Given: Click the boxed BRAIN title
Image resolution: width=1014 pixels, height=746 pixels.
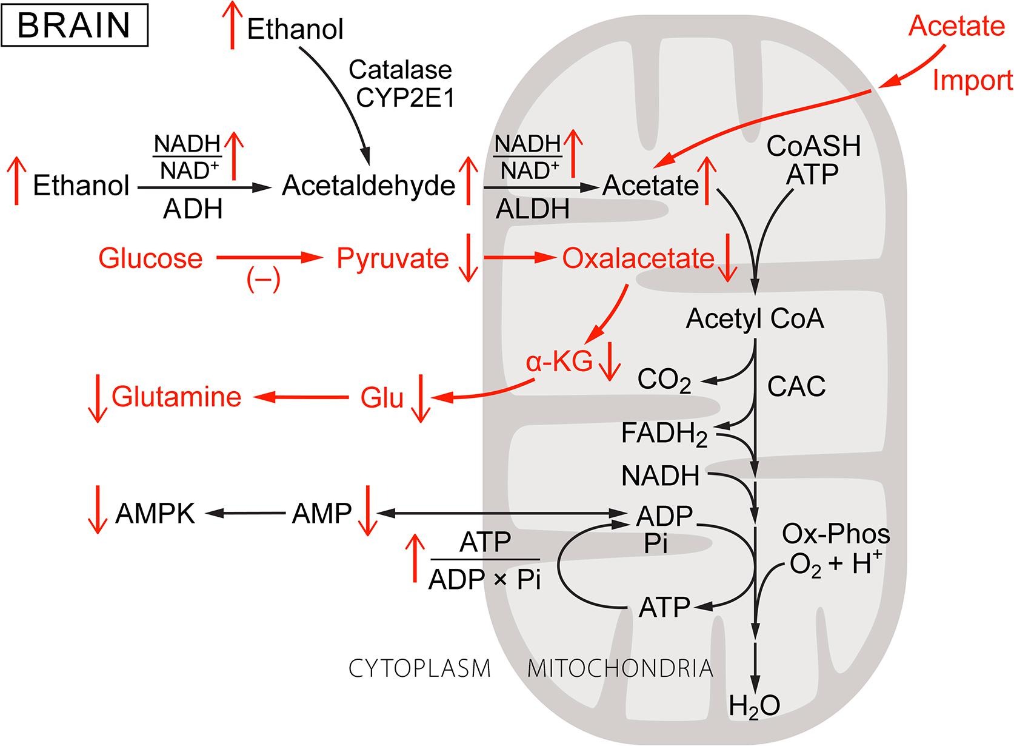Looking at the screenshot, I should [x=75, y=25].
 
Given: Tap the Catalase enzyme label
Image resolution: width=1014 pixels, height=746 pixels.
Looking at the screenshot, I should [x=400, y=70].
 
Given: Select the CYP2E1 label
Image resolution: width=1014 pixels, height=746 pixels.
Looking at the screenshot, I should [x=405, y=98].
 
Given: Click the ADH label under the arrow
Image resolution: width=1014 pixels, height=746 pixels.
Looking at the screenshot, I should [x=193, y=209].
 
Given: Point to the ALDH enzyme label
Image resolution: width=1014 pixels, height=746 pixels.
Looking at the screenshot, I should [x=533, y=209].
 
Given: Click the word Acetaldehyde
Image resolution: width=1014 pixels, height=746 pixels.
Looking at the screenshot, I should [x=369, y=186].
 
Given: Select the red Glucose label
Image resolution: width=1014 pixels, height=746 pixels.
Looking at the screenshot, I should [x=150, y=258].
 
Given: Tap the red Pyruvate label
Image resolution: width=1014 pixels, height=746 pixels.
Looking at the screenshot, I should [x=392, y=258].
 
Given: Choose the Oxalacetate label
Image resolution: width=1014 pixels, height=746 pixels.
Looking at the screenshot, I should [x=638, y=258].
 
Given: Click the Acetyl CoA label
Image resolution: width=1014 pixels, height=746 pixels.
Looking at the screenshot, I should [x=755, y=319].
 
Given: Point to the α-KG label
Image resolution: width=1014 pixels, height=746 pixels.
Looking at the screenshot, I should [x=559, y=362].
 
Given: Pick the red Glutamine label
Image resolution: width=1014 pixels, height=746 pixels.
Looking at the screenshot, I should [x=176, y=397].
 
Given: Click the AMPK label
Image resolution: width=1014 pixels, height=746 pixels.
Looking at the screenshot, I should [x=155, y=514].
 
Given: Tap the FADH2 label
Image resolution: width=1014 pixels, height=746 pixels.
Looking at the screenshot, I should [x=664, y=434].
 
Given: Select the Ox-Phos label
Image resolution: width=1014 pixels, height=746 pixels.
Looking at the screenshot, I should [x=836, y=534].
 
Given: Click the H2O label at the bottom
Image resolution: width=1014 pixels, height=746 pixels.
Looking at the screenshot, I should [x=754, y=706].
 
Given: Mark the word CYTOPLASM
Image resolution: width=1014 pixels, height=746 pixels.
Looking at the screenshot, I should [x=419, y=668].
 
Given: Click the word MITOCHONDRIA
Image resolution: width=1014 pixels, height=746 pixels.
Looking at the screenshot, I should [x=620, y=668].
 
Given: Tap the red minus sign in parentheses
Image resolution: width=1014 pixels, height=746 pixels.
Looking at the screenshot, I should [x=263, y=280].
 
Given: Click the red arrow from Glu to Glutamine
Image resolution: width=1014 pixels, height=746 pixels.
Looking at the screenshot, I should [x=301, y=398].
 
